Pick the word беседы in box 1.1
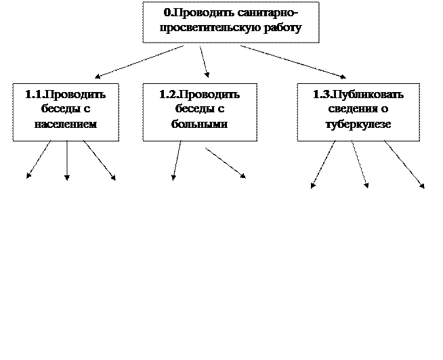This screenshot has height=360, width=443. (56, 110)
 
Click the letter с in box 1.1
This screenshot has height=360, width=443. (86, 110)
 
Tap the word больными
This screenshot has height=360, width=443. (200, 125)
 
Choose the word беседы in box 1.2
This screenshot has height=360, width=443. (190, 110)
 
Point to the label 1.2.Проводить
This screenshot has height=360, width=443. (200, 95)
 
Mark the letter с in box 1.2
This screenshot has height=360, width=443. (220, 110)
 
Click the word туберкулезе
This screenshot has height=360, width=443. (358, 125)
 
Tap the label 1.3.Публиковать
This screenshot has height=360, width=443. (358, 95)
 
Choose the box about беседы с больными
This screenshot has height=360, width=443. (200, 112)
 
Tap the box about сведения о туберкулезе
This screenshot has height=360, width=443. (358, 112)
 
